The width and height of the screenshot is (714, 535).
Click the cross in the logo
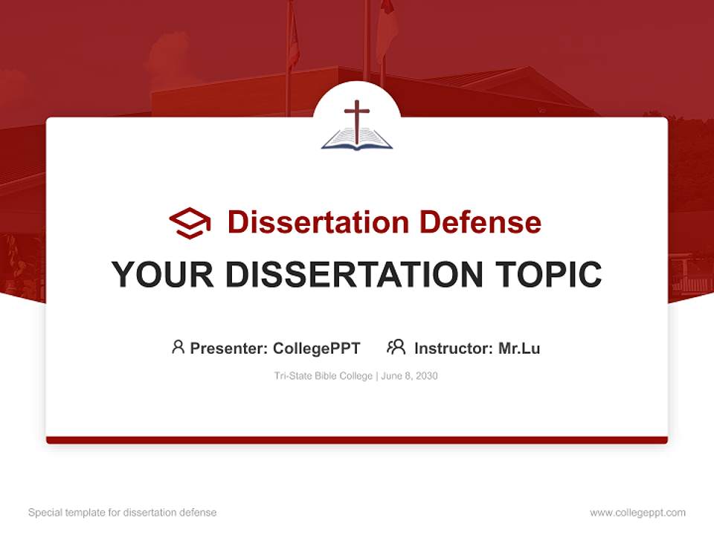point(357,119)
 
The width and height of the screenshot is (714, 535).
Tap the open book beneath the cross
point(357,139)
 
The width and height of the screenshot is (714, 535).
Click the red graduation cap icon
point(190,222)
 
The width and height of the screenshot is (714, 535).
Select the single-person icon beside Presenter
point(178,347)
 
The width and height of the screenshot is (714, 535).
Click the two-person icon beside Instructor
point(396,347)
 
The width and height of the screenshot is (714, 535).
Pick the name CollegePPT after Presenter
point(317,348)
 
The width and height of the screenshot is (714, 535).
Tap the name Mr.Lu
point(519,348)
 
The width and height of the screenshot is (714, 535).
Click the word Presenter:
point(229,348)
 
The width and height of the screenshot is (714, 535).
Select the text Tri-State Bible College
point(324,376)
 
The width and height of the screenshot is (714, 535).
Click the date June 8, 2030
point(410,376)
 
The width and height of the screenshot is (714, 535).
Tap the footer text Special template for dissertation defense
point(122,513)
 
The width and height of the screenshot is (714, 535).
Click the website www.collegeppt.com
point(637,513)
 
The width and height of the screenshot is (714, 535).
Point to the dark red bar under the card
point(357,440)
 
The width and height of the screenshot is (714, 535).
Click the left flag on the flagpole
point(294,41)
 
